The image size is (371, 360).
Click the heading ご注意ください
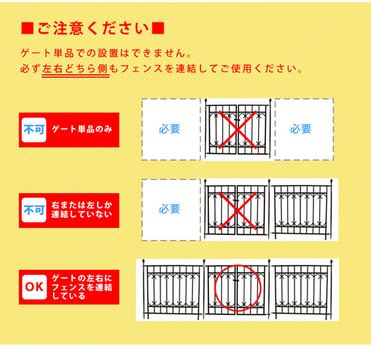92,29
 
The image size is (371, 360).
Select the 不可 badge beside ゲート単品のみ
35,129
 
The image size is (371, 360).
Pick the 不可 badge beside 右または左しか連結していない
35,210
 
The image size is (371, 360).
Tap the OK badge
35,286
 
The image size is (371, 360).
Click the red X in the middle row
237,210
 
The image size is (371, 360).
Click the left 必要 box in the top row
170,129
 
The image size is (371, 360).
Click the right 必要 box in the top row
301,129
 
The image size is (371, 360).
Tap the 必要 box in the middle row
170,210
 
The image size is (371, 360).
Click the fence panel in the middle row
302,209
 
